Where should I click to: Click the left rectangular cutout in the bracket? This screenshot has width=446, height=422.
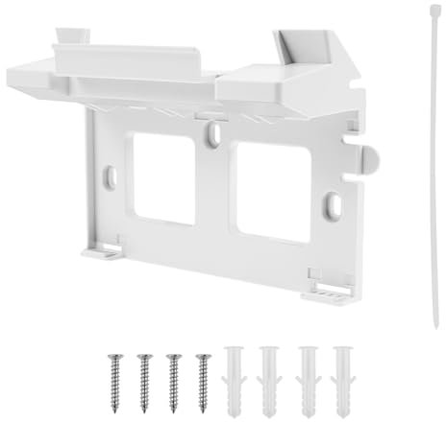pyautogui.click(x=164, y=179)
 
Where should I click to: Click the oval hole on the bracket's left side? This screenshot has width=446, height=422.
pyautogui.click(x=110, y=175)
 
